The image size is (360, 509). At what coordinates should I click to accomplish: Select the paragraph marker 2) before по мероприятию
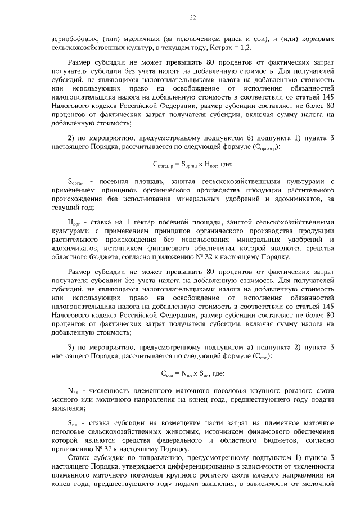(71, 138)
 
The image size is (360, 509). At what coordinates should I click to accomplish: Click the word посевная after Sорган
(118, 181)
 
